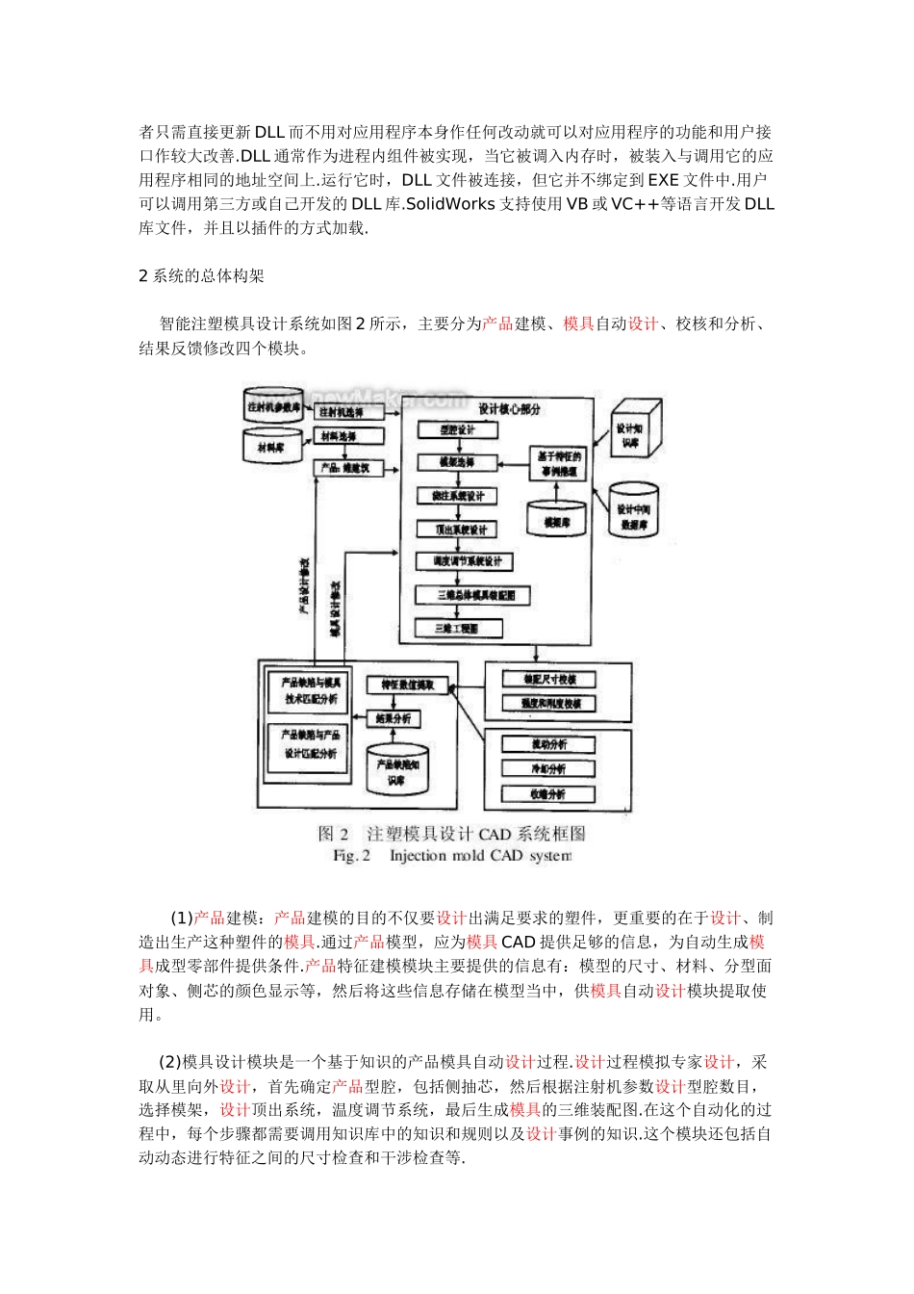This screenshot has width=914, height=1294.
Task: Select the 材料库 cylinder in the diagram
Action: (x=271, y=447)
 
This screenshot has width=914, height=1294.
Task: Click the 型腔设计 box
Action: (x=458, y=430)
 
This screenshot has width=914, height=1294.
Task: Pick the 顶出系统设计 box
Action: (x=458, y=530)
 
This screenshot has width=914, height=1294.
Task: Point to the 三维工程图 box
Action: (x=458, y=629)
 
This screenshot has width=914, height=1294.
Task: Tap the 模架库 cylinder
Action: (x=557, y=519)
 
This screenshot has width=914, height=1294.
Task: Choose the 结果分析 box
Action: (x=394, y=719)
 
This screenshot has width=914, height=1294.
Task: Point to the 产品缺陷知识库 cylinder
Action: (x=396, y=769)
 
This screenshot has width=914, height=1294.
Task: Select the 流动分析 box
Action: (x=548, y=744)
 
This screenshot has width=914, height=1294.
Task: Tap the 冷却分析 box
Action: (x=548, y=769)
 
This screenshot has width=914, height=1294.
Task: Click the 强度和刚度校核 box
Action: (x=548, y=704)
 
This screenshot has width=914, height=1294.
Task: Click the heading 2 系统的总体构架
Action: (x=201, y=276)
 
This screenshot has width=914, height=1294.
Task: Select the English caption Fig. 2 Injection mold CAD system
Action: (x=451, y=856)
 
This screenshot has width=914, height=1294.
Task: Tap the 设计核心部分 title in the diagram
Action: (x=509, y=409)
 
